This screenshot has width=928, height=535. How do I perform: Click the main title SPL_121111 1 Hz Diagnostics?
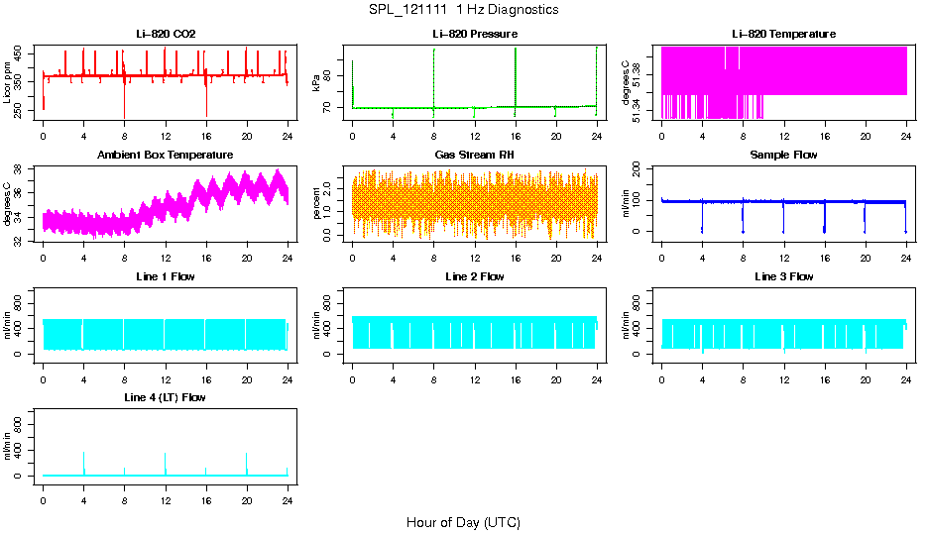pyautogui.click(x=463, y=10)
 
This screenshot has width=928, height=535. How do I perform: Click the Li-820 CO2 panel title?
pyautogui.click(x=166, y=34)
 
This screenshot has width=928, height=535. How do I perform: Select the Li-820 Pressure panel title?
pyautogui.click(x=475, y=34)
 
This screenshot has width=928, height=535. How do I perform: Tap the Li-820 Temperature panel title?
pyautogui.click(x=783, y=34)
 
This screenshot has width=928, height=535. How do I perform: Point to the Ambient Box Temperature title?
pyautogui.click(x=166, y=156)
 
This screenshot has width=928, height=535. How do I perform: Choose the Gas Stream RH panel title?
pyautogui.click(x=475, y=156)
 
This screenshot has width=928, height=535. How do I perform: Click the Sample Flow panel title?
pyautogui.click(x=783, y=156)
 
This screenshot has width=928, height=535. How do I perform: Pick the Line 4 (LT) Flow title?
pyautogui.click(x=166, y=397)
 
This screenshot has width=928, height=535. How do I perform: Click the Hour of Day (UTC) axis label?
pyautogui.click(x=463, y=522)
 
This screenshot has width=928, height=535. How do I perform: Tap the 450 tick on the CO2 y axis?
pyautogui.click(x=21, y=53)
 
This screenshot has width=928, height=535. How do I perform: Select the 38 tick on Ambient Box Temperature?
pyautogui.click(x=21, y=168)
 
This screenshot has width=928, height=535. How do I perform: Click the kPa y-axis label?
pyautogui.click(x=317, y=83)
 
